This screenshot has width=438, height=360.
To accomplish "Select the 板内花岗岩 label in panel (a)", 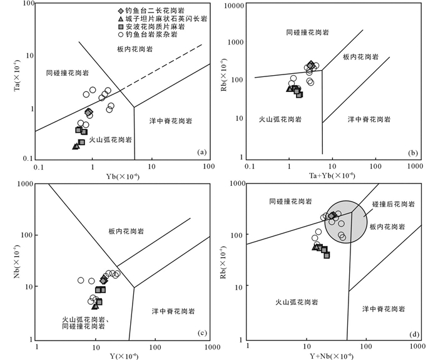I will click(x=135, y=49).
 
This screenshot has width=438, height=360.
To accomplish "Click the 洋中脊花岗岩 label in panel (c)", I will click(x=173, y=311).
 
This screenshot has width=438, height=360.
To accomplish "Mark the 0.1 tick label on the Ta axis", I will click(x=28, y=159).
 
